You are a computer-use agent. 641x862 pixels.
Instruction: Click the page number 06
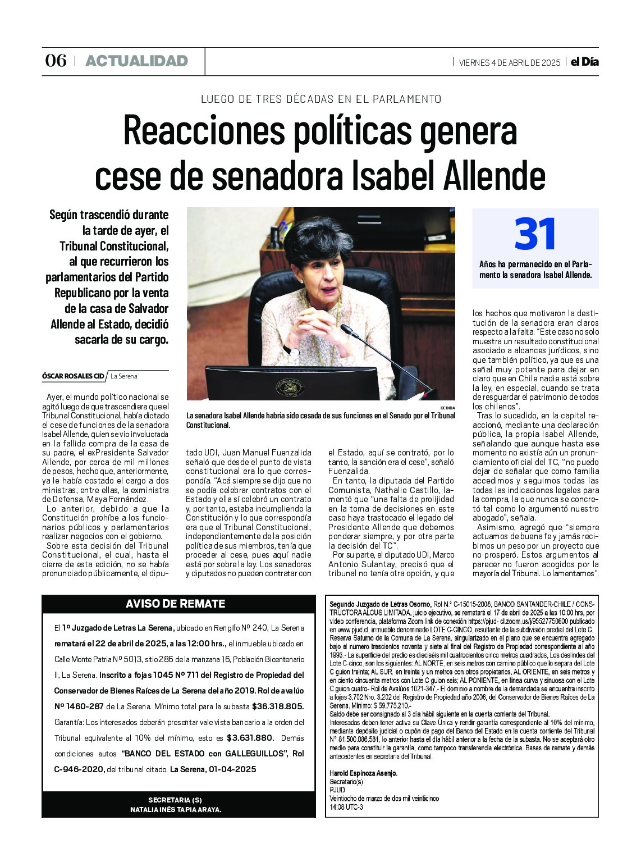pos(56,61)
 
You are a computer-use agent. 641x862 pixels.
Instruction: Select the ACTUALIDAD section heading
pos(136,61)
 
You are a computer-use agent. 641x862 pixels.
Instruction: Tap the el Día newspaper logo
pos(584,62)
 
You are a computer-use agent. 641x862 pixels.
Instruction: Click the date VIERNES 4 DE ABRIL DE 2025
pos(509,62)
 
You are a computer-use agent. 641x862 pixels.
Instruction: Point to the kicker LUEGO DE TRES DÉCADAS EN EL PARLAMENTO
pos(321,99)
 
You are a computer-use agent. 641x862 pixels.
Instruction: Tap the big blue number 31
pos(535,234)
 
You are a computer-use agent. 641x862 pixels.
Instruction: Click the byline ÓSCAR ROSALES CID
pos(73,376)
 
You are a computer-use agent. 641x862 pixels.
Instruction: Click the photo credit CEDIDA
pos(447,408)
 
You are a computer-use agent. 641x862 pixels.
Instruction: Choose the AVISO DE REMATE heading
pos(175,604)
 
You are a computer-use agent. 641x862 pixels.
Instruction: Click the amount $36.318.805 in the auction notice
pos(277,706)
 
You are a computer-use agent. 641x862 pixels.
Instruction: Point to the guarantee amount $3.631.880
pos(250,738)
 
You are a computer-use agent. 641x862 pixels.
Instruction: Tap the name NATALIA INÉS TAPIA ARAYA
pos(176,810)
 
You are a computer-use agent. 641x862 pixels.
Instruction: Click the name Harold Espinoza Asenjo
pos(363,773)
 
